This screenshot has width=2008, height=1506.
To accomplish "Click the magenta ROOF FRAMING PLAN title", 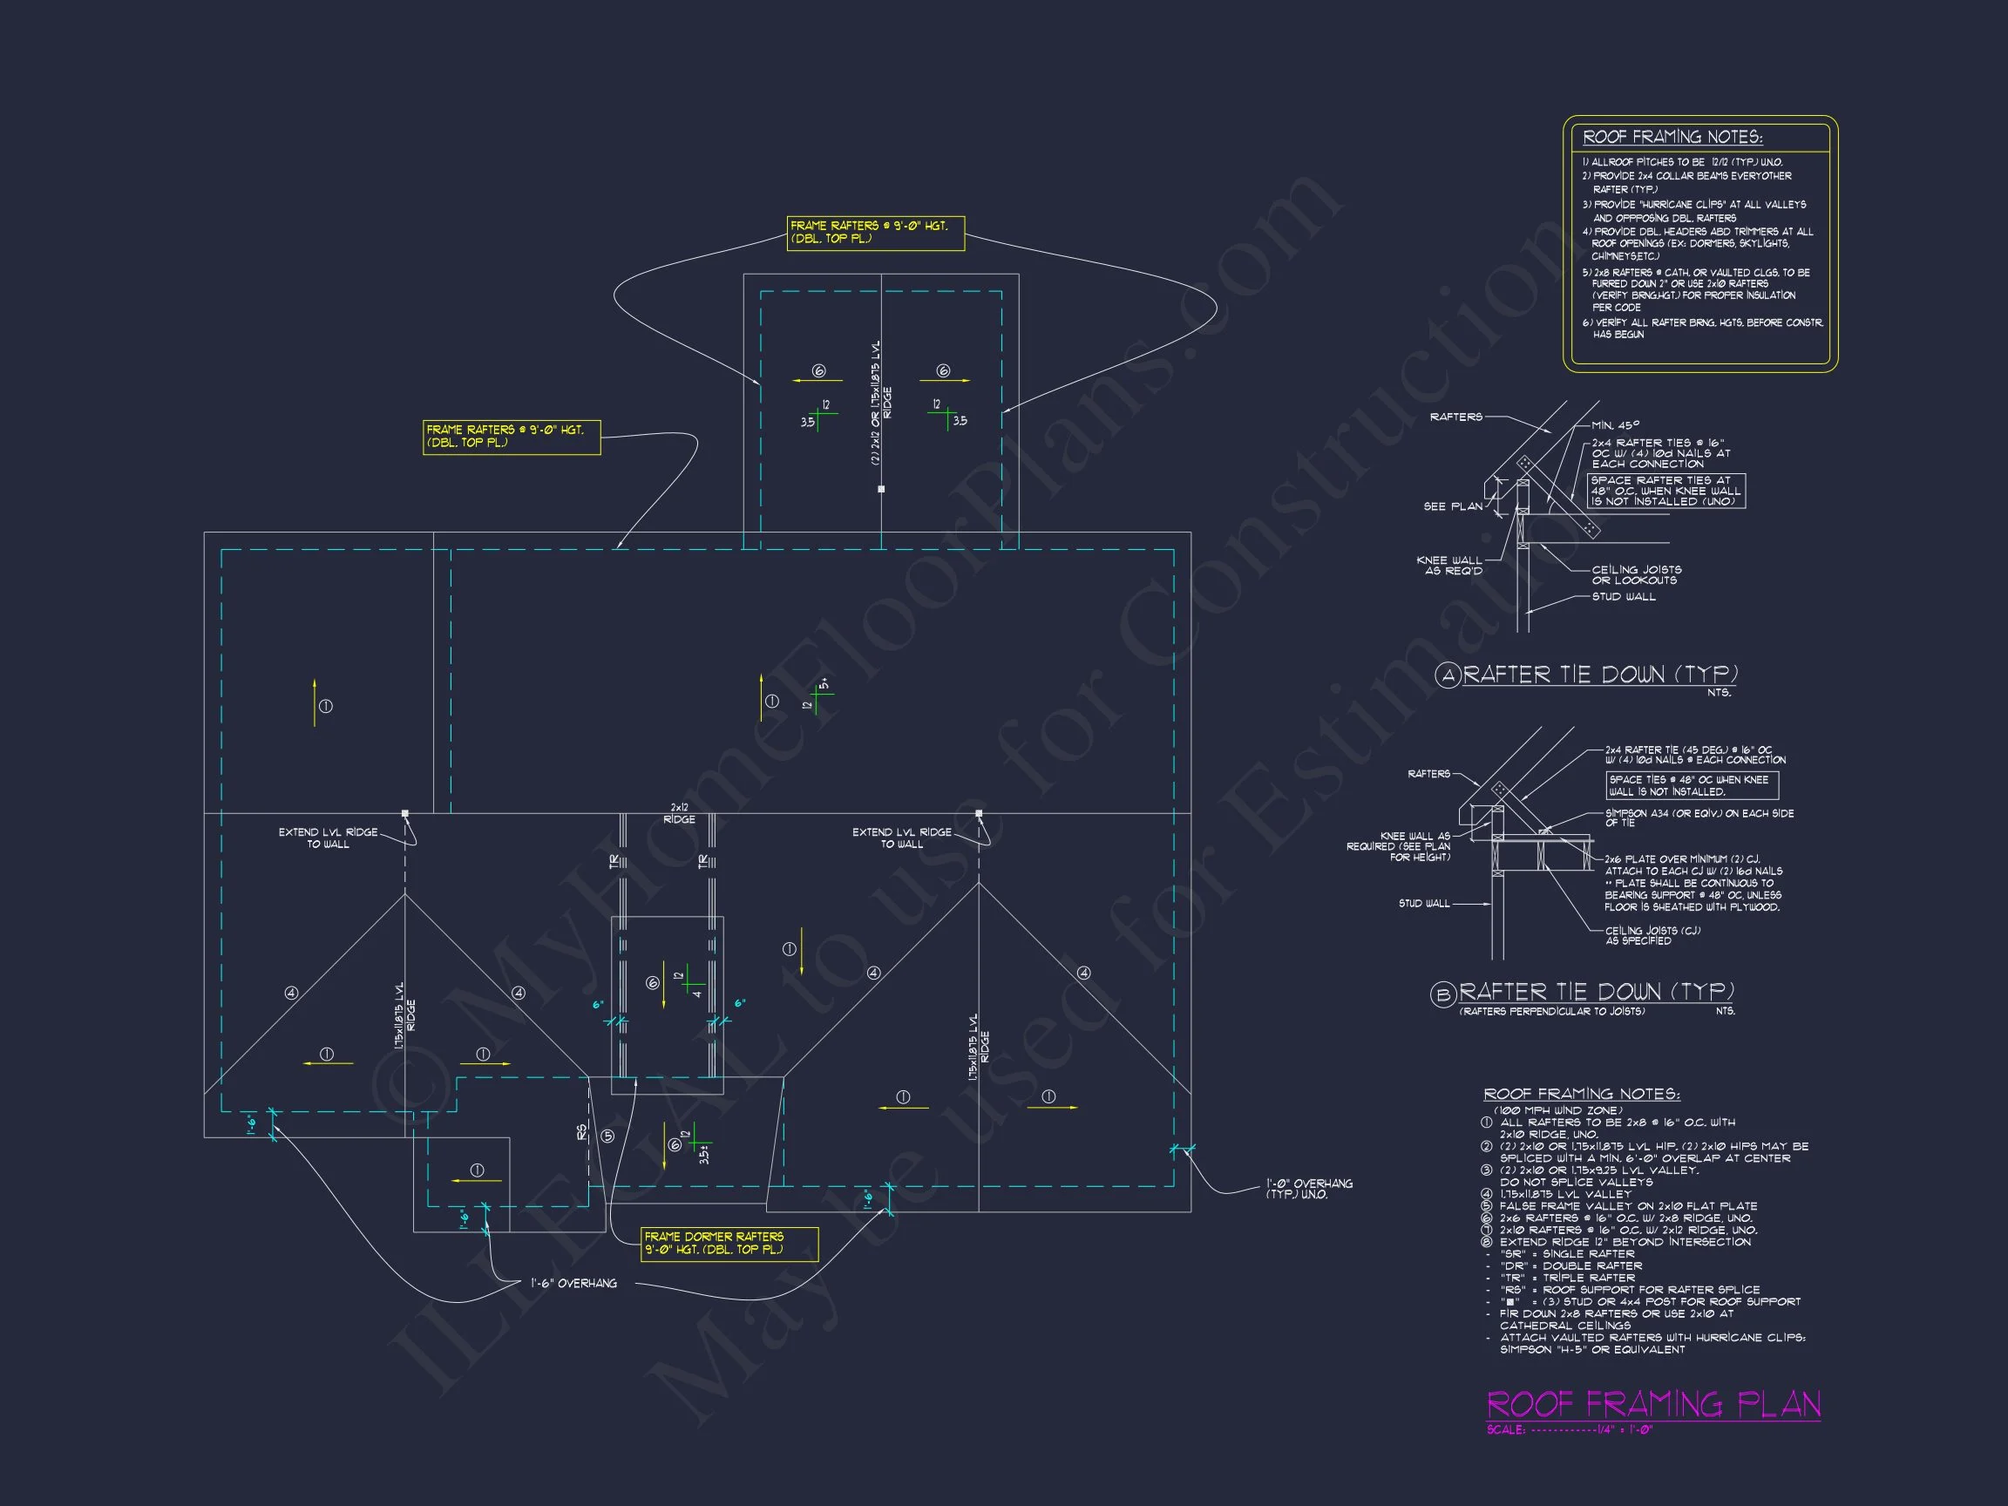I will point(1653,1404).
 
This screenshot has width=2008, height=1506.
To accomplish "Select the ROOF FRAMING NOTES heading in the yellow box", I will point(1672,137).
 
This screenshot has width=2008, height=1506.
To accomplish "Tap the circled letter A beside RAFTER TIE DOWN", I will point(1447,675).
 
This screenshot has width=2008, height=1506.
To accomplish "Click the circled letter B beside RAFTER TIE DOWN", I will point(1442,995).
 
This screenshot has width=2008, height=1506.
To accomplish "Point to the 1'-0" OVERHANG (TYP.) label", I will point(1309,1188).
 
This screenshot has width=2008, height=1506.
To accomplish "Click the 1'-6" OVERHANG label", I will point(573,1284).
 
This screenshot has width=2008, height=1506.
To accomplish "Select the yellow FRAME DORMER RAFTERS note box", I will point(729,1243).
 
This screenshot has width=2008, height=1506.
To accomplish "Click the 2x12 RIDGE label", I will point(679,813).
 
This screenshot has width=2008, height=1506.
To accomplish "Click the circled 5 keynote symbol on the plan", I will point(607,1136).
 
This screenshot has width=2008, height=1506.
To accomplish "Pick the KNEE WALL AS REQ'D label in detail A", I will point(1448,565).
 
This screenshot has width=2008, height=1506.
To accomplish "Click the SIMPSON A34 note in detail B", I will point(1699,817).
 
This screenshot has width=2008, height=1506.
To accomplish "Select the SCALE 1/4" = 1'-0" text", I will point(1570,1430).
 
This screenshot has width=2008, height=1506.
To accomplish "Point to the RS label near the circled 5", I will point(582,1132).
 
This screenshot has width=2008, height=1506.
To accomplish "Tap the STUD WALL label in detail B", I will point(1424,903).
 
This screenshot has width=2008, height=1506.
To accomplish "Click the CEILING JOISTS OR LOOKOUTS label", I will point(1636,574).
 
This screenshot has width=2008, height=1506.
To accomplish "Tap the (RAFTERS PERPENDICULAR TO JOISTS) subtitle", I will point(1551,1011).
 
